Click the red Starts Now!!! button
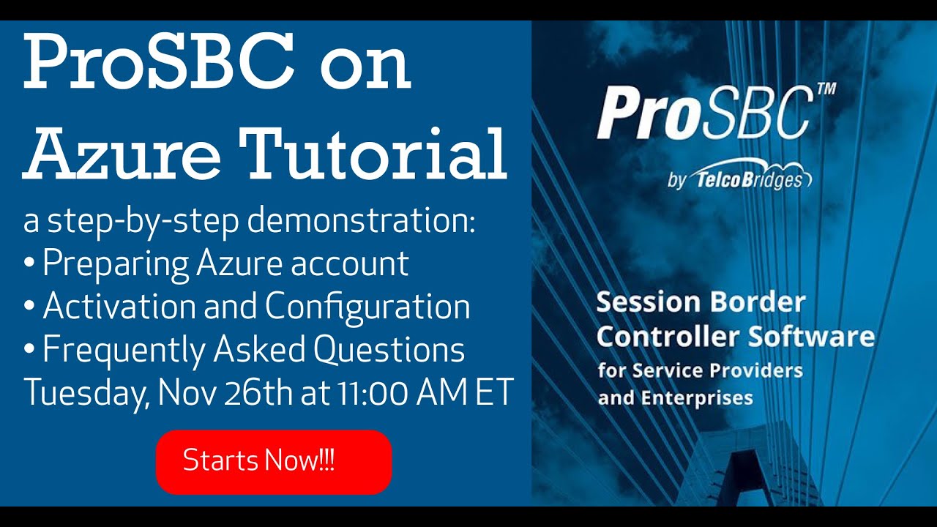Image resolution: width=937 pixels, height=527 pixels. point(274,462)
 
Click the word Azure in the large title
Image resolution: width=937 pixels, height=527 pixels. point(122,154)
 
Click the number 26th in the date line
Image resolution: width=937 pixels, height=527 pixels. point(258,392)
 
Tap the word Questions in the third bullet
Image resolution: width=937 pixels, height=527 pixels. point(389,349)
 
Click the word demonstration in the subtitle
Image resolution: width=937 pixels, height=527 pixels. point(362,221)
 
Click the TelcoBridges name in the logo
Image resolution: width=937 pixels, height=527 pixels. point(749,180)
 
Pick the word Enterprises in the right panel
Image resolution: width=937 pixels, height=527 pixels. point(697,397)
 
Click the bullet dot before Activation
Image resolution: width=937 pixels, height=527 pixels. point(29,305)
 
